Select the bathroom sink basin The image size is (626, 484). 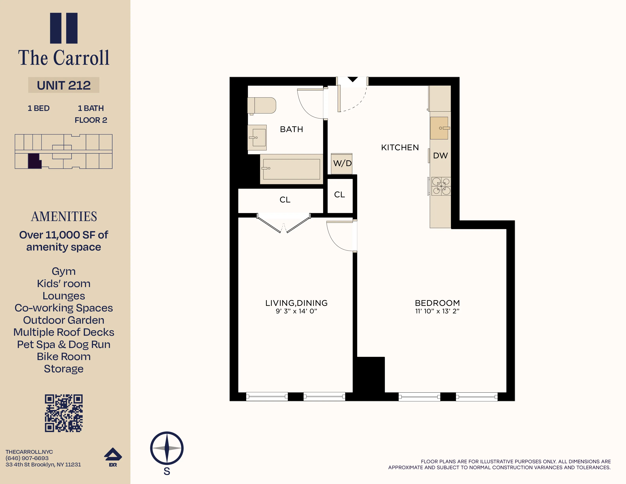tap(258, 138)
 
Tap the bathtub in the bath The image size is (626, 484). tap(291, 169)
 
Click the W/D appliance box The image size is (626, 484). tap(342, 164)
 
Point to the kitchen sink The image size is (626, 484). tap(439, 128)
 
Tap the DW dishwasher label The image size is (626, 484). tap(440, 156)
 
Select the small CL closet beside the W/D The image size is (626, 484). tap(340, 195)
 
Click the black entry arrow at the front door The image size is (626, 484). tap(353, 79)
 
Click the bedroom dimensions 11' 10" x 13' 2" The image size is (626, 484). tap(437, 311)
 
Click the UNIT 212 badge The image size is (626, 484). tap(64, 85)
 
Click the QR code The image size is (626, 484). tap(64, 413)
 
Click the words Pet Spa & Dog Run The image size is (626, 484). tap(64, 344)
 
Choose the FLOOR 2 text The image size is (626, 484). tap(91, 120)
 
